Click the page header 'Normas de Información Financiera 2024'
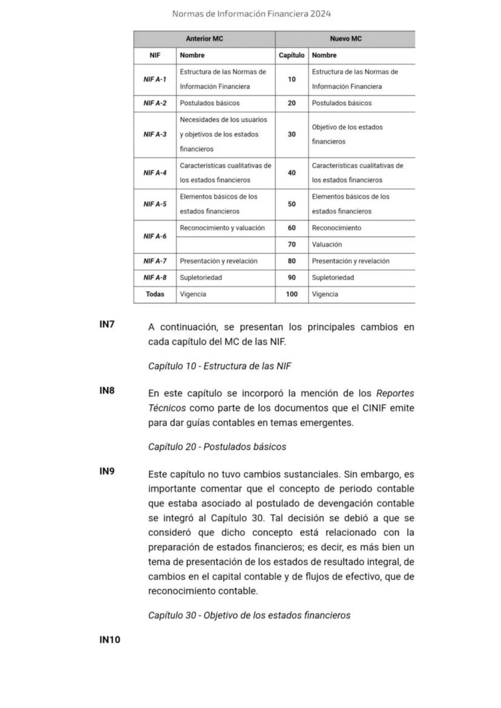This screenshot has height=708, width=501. (251, 13)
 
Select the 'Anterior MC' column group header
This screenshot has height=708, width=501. (204, 39)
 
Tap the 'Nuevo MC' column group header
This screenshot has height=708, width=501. (345, 39)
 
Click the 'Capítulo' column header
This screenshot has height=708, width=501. (292, 55)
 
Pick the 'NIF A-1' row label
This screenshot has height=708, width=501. (155, 79)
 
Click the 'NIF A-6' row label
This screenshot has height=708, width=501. (155, 236)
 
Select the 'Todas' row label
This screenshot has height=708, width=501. (155, 294)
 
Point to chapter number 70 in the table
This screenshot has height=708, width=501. (292, 245)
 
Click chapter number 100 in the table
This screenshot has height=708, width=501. (292, 294)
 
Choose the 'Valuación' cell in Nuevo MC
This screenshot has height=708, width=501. (327, 245)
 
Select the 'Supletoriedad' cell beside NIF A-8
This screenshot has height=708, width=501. (201, 278)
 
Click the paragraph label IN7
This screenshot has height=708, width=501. (107, 325)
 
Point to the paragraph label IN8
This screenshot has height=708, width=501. (107, 391)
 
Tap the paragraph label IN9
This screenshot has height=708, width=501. (107, 472)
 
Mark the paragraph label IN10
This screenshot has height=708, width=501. (110, 640)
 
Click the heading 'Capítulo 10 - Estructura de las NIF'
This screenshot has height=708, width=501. (220, 366)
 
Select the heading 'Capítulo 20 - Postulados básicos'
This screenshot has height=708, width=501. (217, 447)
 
